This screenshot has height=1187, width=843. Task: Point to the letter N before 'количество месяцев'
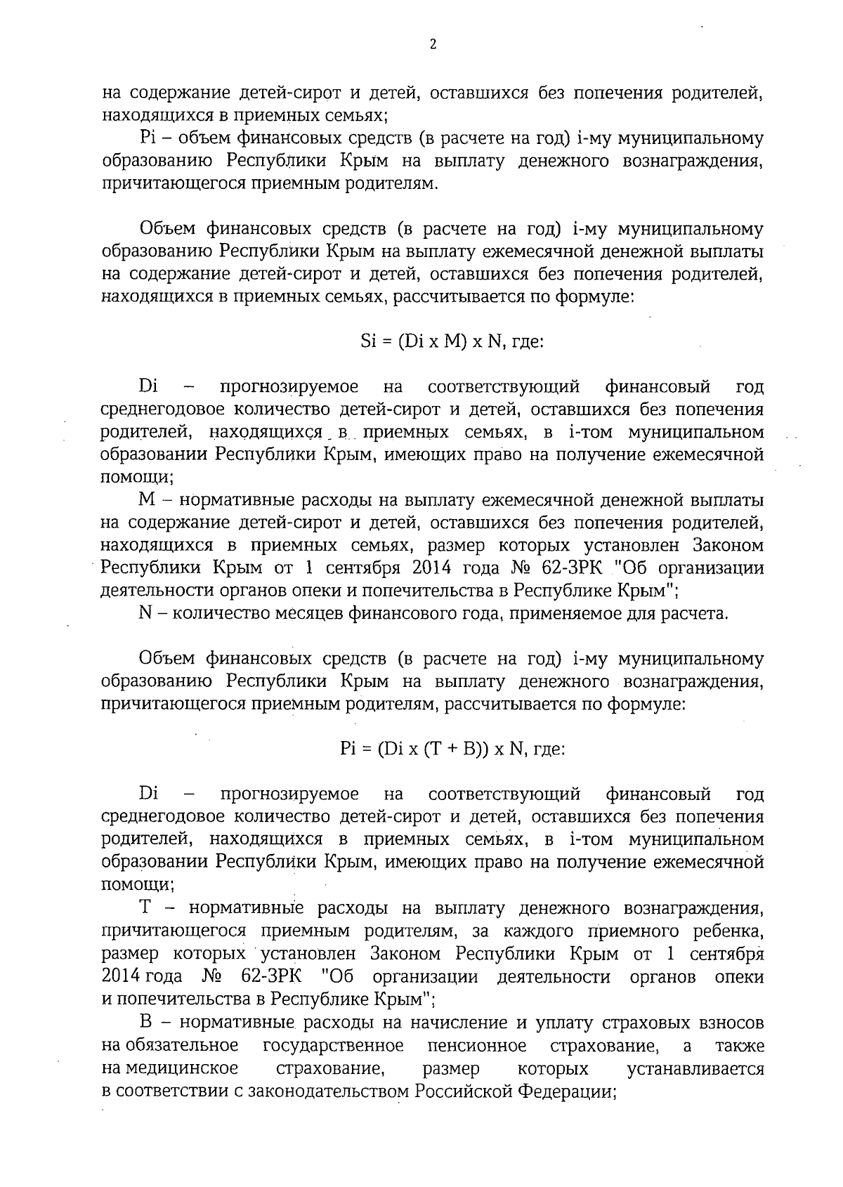146,613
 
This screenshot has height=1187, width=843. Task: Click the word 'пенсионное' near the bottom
477,1046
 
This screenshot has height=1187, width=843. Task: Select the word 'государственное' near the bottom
333,1046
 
